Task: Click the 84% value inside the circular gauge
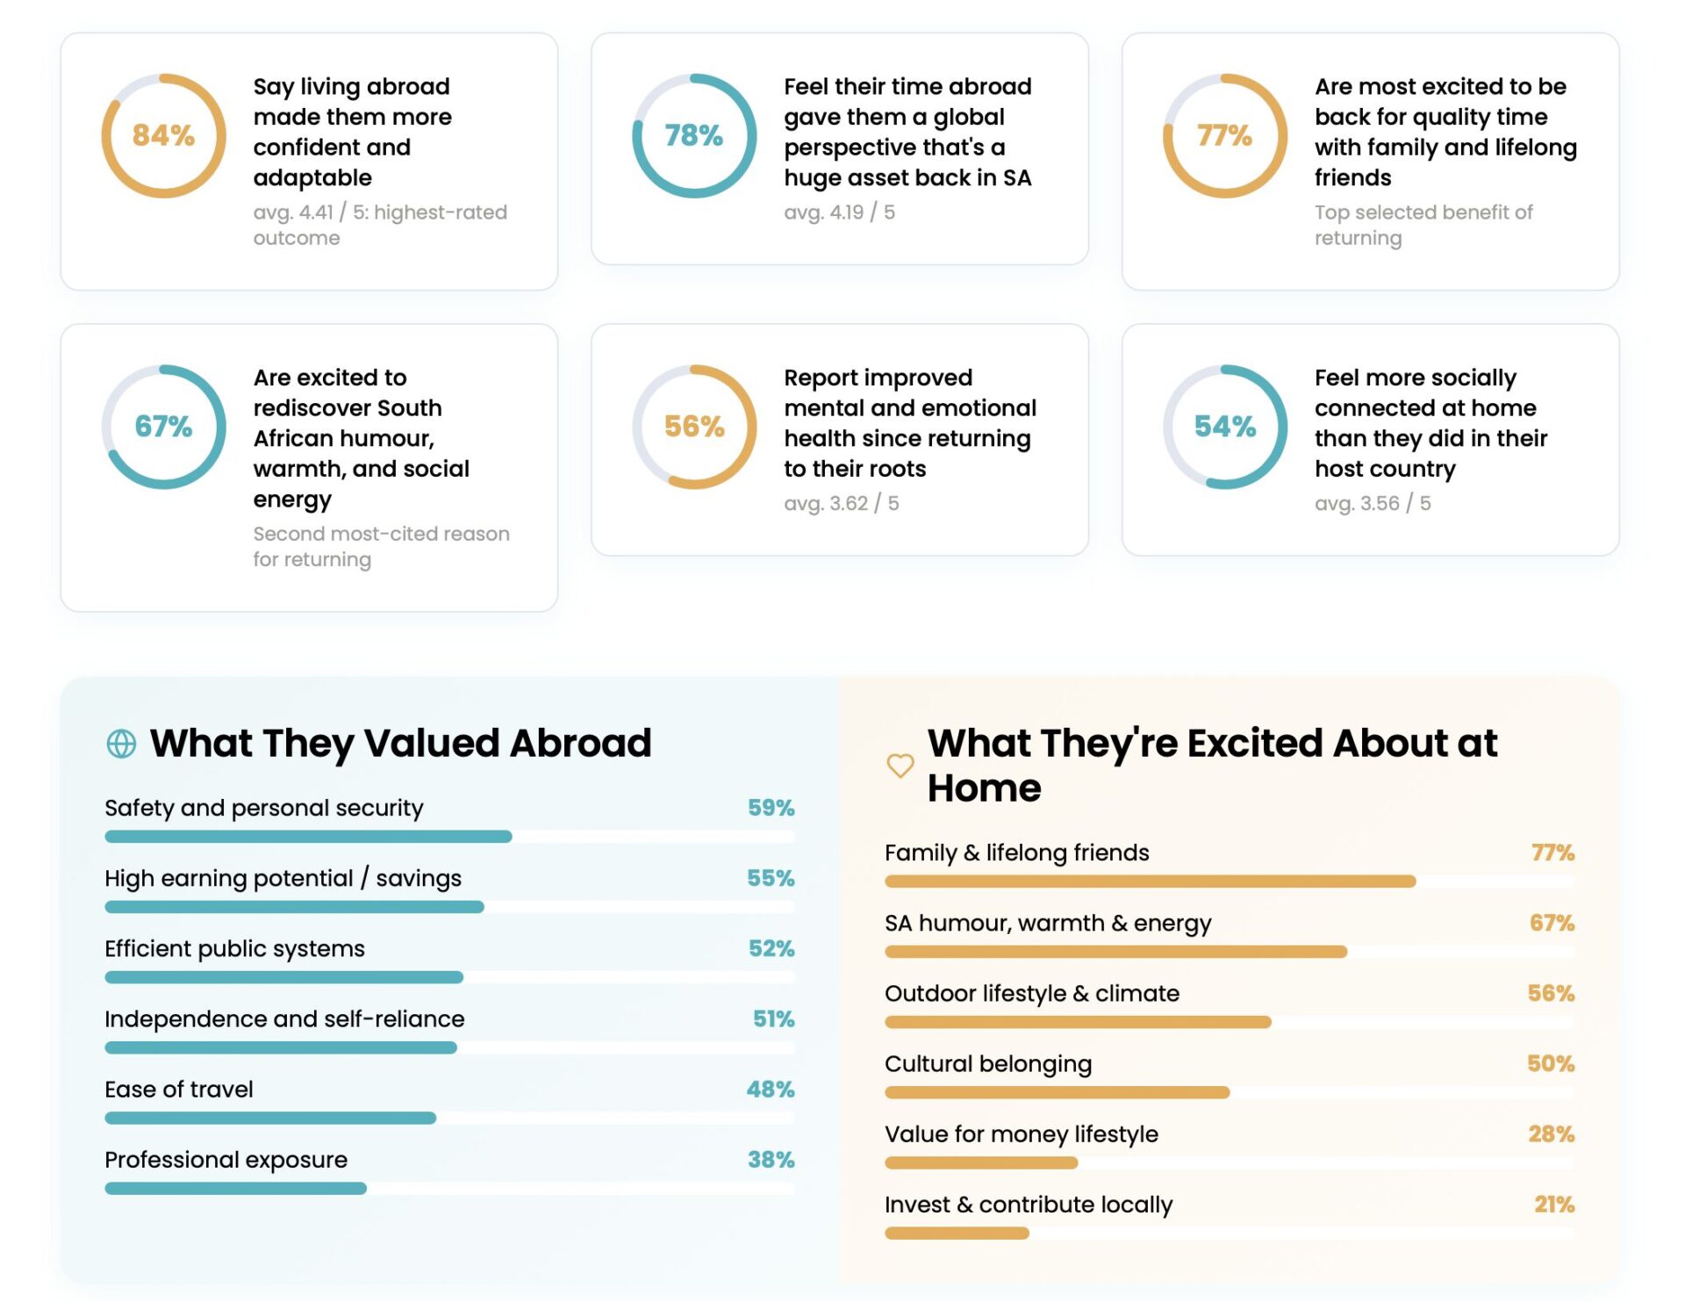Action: pos(163,135)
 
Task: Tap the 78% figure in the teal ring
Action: pos(693,135)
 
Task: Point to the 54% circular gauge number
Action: pos(1224,427)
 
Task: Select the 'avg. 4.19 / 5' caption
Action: pos(839,212)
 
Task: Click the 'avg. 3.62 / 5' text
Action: pos(841,503)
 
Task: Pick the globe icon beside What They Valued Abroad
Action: pos(121,744)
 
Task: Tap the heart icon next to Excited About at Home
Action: pos(900,766)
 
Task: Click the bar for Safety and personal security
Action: pos(308,837)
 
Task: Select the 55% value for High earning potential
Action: pos(770,878)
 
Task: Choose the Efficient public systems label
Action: pos(234,949)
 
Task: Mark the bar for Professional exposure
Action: pos(235,1189)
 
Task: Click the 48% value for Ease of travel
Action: pos(770,1090)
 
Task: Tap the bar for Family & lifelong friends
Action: pos(1150,881)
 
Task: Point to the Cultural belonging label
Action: pos(987,1064)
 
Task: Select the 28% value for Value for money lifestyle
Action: pos(1551,1134)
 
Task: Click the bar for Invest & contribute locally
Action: pos(957,1234)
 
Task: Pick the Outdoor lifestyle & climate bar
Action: pos(1078,1022)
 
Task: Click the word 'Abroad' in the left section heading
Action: pos(580,744)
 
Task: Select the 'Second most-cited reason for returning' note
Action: pos(381,546)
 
